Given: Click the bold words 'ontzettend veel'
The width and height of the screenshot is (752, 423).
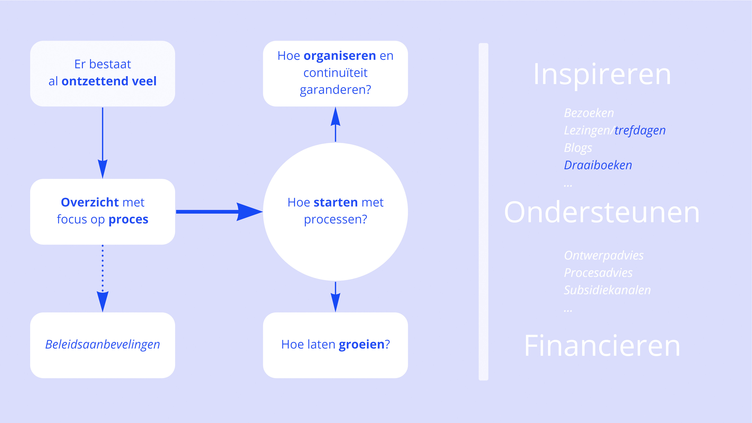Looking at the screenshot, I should tap(109, 81).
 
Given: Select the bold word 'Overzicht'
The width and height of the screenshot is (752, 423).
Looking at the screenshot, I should tap(90, 202).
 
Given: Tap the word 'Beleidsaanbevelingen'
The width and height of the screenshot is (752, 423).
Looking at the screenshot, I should tap(103, 344).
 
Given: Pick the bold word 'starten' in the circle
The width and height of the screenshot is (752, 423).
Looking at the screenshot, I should tap(335, 202).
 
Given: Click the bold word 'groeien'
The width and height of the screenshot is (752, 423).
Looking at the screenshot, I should tap(361, 344).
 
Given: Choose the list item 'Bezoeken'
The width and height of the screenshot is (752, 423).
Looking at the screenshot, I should tap(589, 113).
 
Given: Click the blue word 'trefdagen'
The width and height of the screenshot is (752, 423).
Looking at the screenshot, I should tap(640, 130).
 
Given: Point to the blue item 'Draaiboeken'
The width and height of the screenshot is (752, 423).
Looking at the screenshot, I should tap(598, 165).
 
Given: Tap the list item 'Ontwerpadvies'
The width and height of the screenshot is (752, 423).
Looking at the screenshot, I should tap(603, 255).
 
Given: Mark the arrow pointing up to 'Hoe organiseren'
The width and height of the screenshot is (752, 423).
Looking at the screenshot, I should tap(335, 124).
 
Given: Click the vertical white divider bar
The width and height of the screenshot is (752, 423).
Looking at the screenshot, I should tap(483, 212).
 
